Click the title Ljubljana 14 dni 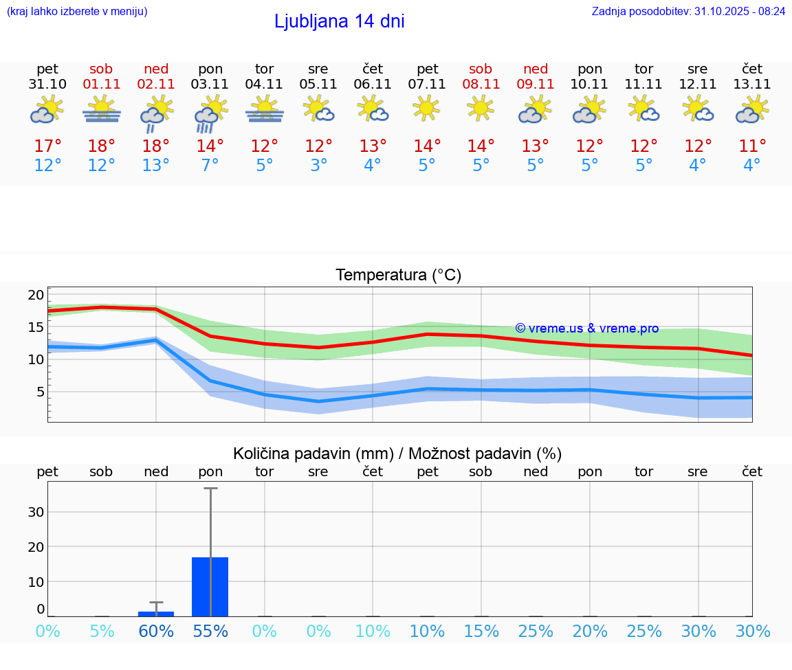(x=339, y=21)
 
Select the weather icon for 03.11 (x=210, y=113)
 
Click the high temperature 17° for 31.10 (x=47, y=146)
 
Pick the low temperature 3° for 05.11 (x=318, y=166)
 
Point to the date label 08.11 (x=481, y=85)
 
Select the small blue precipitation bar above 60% (x=156, y=614)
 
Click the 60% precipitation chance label (x=156, y=632)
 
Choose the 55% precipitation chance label (x=210, y=632)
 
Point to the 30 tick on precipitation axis (x=36, y=512)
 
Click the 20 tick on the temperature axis (x=36, y=295)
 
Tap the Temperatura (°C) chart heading (x=398, y=276)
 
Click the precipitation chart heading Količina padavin (x=397, y=454)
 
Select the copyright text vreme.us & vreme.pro (x=587, y=328)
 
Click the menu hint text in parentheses (x=77, y=12)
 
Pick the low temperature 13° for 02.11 (x=156, y=166)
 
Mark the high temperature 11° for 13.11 (x=752, y=146)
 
